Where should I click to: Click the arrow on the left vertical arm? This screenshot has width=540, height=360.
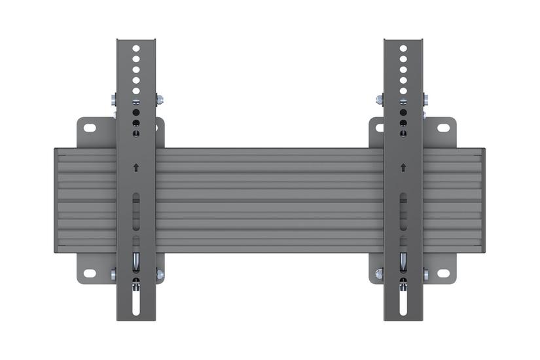[x=136, y=167]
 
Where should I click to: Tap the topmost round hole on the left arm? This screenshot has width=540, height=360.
[x=136, y=48]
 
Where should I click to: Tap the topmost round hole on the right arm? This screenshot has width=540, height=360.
[x=403, y=48]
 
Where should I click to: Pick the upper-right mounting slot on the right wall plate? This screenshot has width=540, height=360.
[x=443, y=128]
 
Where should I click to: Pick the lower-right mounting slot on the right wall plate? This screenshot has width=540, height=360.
[x=443, y=273]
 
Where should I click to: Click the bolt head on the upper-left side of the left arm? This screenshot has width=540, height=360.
[x=114, y=99]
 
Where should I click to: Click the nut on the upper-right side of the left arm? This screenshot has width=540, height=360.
[x=159, y=99]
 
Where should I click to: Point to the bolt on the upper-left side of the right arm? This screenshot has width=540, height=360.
[x=380, y=99]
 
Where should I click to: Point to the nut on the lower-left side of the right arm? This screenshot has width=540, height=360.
[x=380, y=275]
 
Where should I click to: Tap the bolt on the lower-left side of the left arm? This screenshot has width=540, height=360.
[x=114, y=275]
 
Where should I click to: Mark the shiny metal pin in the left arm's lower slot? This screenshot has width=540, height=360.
[x=136, y=261]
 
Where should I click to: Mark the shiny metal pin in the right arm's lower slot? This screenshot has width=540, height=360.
[x=403, y=261]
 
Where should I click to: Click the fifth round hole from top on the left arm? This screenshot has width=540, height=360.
[x=136, y=92]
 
